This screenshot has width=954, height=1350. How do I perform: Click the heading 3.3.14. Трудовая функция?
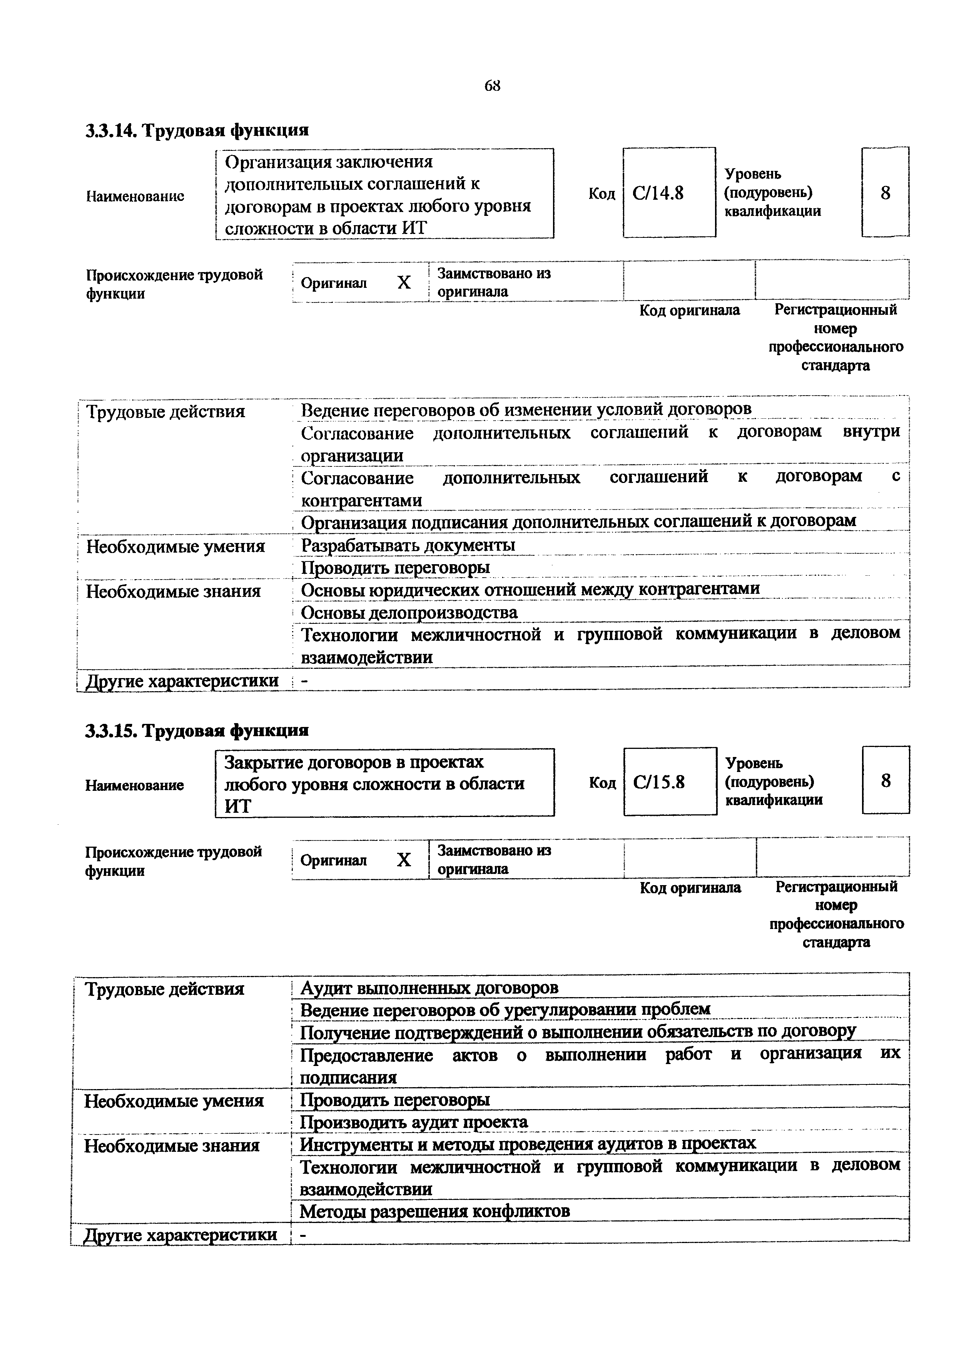click(x=197, y=130)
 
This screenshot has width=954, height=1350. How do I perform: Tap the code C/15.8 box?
click(x=670, y=782)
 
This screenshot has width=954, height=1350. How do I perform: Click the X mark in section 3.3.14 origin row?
click(x=403, y=283)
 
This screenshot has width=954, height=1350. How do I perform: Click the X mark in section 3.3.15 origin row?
click(x=403, y=860)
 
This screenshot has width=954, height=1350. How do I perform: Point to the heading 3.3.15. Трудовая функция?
click(x=197, y=730)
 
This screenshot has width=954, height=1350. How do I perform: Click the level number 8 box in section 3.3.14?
click(x=885, y=193)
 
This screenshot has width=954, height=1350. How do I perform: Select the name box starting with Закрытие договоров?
click(x=384, y=783)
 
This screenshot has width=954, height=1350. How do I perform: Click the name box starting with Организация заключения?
click(x=384, y=194)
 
